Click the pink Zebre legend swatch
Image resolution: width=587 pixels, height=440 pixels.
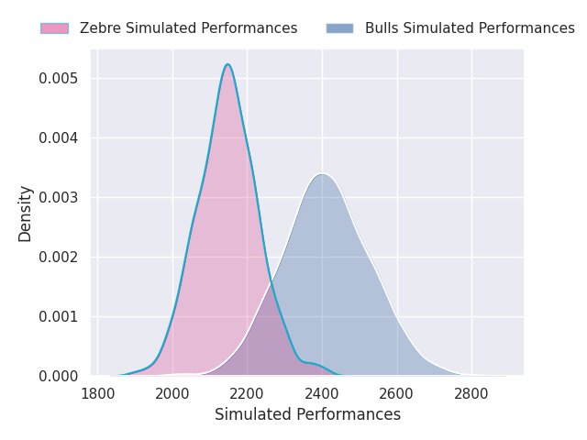tap(54, 28)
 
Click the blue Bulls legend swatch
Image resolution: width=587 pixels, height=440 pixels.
tap(339, 28)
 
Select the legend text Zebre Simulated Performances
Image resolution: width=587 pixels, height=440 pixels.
tap(188, 28)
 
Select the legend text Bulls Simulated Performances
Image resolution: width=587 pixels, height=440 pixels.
tap(470, 28)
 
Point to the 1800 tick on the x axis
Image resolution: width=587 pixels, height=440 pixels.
tap(97, 394)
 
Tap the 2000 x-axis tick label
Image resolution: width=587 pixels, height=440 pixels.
tap(172, 394)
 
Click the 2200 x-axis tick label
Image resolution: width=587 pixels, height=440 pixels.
tap(248, 394)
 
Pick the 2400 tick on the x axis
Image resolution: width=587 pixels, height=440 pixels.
tap(322, 394)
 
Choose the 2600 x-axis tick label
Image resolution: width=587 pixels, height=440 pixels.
tap(397, 394)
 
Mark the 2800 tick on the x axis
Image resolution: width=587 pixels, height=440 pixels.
tap(471, 394)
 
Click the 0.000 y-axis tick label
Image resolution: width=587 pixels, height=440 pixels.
tap(58, 376)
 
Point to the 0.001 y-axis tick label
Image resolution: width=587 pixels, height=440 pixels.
tap(58, 316)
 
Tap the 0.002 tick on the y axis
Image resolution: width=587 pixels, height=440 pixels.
tap(58, 257)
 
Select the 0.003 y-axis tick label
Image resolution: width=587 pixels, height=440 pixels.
tap(58, 197)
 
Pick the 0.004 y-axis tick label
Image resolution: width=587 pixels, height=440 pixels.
tap(58, 137)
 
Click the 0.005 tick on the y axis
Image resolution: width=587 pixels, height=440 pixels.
tap(58, 78)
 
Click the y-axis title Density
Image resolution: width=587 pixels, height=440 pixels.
tap(25, 214)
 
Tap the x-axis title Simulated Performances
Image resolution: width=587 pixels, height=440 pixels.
tap(307, 414)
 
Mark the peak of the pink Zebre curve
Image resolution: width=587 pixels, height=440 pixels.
tap(227, 64)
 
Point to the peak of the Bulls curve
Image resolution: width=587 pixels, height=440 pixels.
tap(321, 173)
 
